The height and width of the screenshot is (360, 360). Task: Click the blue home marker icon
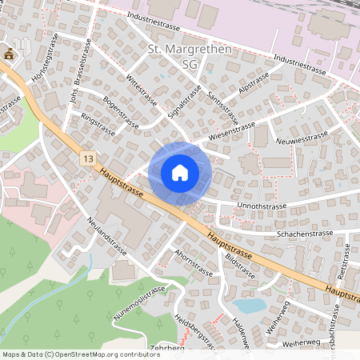click(180, 172)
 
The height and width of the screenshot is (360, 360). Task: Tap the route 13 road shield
click(87, 159)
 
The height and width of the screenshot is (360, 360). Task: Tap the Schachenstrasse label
click(304, 234)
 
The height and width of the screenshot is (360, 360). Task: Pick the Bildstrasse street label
click(240, 266)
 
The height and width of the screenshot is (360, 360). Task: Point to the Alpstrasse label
click(253, 82)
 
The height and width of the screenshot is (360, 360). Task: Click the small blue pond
click(250, 305)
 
